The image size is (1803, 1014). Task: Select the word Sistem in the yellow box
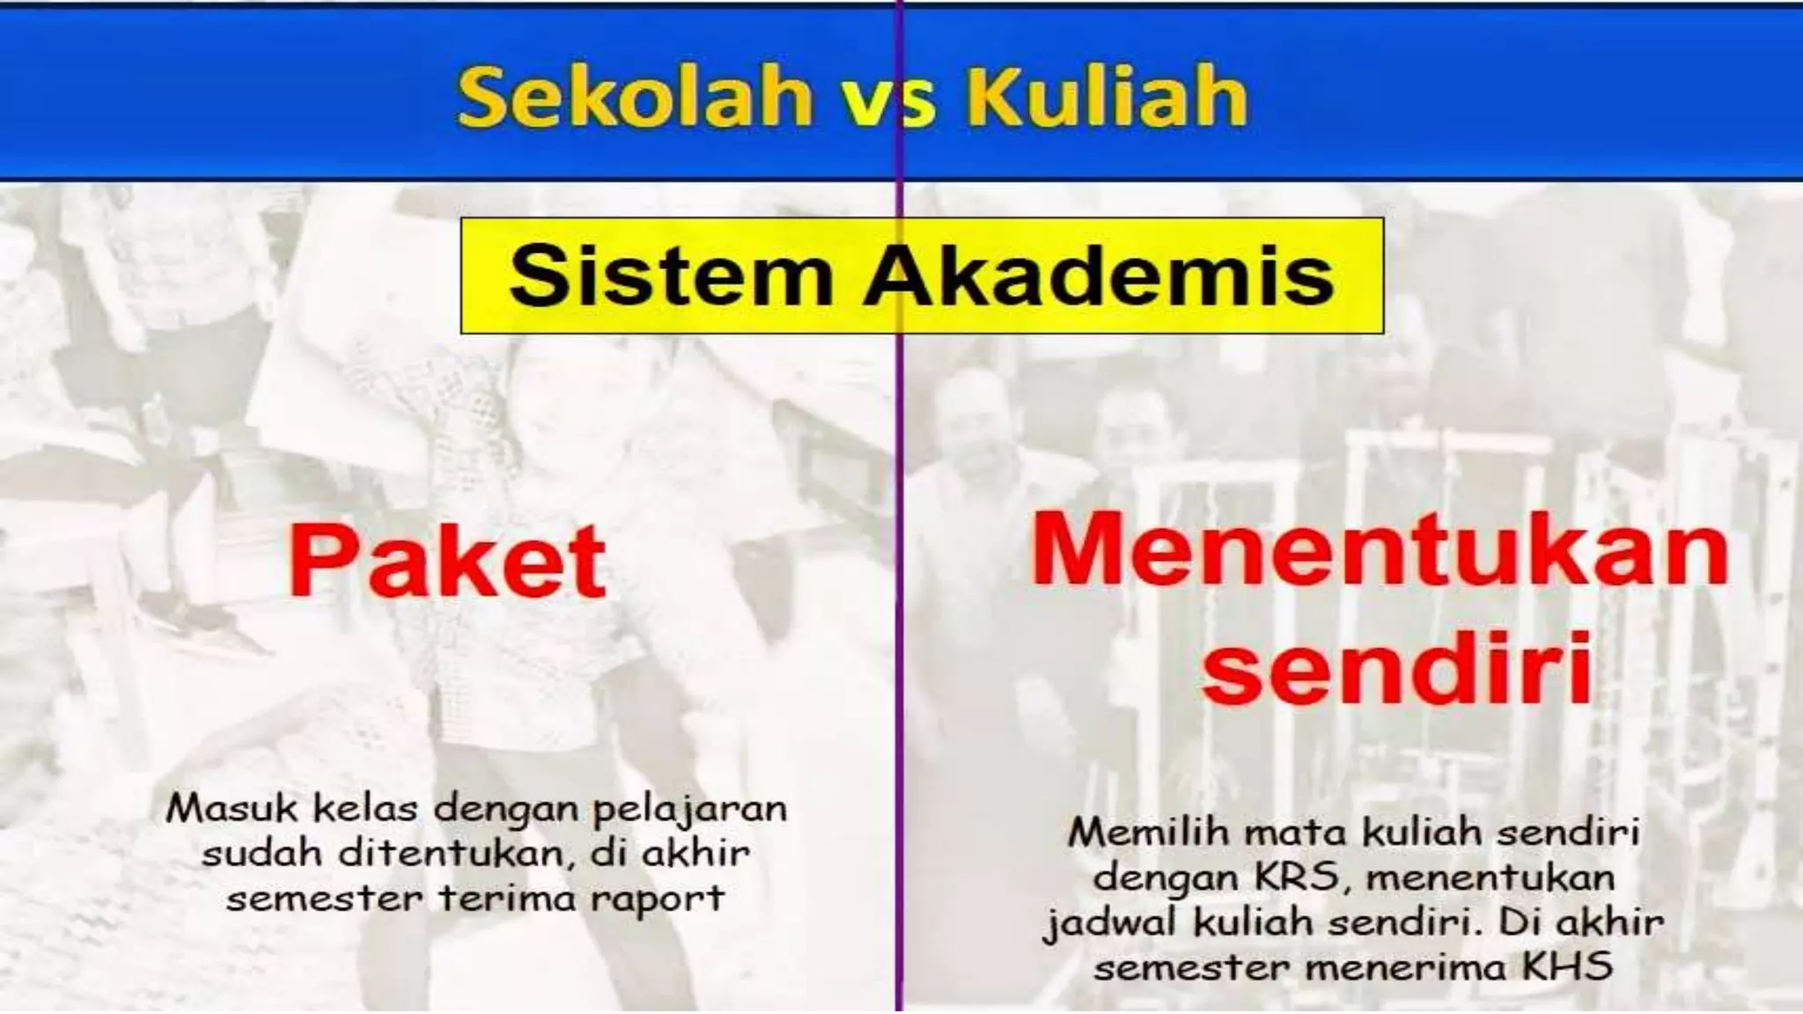(670, 276)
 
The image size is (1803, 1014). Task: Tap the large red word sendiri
(1397, 667)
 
